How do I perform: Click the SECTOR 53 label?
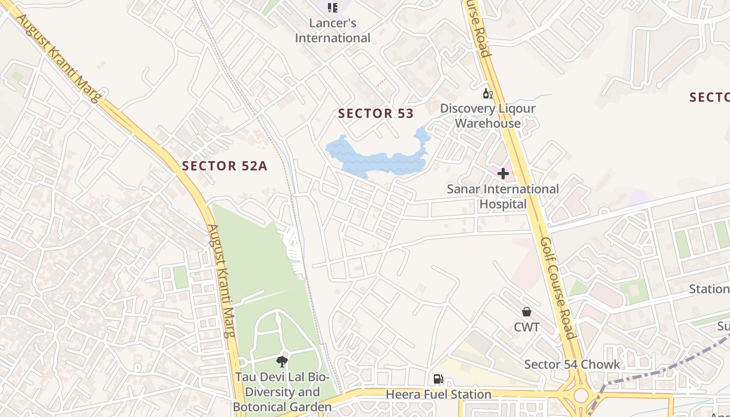[x=375, y=113]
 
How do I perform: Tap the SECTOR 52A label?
[x=224, y=166]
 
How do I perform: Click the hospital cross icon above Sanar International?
[x=503, y=174]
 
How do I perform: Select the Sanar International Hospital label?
[x=503, y=197]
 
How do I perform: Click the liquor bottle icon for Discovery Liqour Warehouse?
[x=488, y=94]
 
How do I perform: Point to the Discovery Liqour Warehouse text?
[x=488, y=116]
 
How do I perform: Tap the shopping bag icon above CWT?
[x=527, y=312]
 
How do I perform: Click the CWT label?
[x=527, y=327]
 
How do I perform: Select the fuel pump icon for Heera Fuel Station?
[x=438, y=379]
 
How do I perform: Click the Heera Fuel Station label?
[x=438, y=395]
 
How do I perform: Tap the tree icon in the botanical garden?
[x=282, y=361]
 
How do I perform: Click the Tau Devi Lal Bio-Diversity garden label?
[x=282, y=391]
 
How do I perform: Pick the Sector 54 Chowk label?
[x=572, y=364]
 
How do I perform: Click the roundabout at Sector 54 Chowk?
[x=580, y=396]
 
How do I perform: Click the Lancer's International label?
[x=333, y=30]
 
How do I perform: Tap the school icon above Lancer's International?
[x=332, y=7]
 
